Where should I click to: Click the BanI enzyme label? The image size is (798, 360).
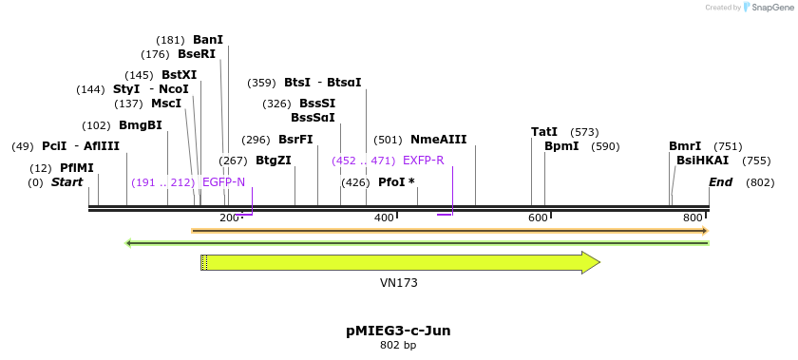[208, 40]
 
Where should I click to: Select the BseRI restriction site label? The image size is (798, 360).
[197, 54]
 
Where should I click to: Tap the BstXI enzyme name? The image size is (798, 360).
[180, 75]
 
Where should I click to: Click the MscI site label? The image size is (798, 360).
[166, 104]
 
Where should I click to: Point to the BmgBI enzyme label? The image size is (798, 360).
[141, 125]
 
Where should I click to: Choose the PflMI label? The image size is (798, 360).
[77, 168]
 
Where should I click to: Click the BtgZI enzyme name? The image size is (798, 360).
[274, 161]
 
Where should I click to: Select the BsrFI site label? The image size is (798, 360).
[295, 140]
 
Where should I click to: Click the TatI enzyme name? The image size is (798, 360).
[544, 132]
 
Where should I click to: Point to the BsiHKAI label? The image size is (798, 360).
[703, 161]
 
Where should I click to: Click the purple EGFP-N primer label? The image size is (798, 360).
[224, 182]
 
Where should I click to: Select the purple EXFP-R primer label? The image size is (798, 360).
[424, 161]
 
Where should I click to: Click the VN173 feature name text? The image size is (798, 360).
[399, 283]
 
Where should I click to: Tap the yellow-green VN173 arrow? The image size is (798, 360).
[399, 262]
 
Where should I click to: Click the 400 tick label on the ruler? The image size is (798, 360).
[384, 218]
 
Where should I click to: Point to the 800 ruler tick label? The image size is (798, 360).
[693, 218]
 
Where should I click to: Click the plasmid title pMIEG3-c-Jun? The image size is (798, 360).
[398, 331]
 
